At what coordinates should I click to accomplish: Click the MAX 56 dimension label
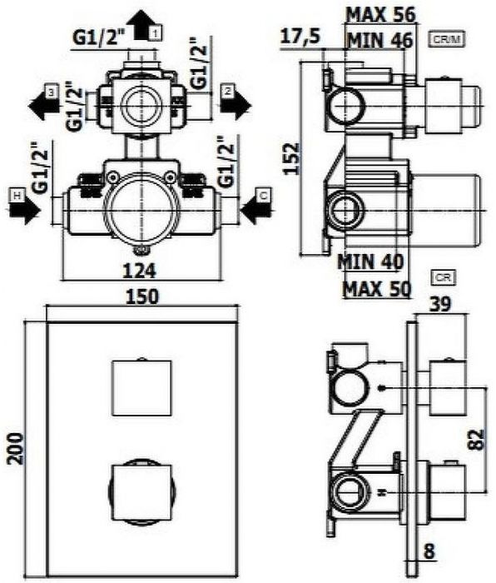point(380,15)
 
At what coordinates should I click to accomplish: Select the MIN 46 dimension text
point(380,40)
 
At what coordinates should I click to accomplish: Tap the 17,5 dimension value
point(300,37)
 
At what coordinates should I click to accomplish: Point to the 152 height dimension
point(291,158)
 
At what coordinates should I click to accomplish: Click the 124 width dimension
point(140,271)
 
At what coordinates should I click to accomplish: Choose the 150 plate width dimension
point(142,297)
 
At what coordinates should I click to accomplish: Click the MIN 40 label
point(370,262)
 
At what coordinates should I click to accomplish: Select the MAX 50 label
point(377,288)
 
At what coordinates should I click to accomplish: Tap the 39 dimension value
point(440,304)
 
